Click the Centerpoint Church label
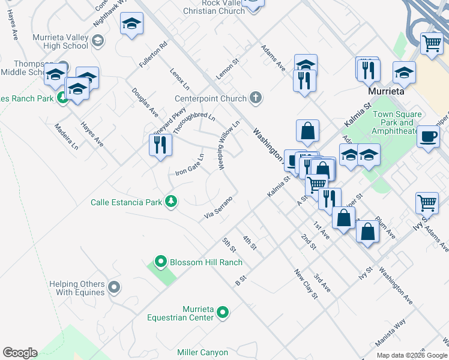click(x=211, y=98)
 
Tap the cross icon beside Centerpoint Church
click(x=256, y=98)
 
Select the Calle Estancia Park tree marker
click(x=172, y=202)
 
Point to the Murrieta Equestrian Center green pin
click(x=223, y=312)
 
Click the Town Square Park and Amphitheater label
click(x=397, y=122)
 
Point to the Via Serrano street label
click(x=218, y=207)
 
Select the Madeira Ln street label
click(x=66, y=136)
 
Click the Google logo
click(x=20, y=353)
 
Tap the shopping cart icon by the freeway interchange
click(x=432, y=44)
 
